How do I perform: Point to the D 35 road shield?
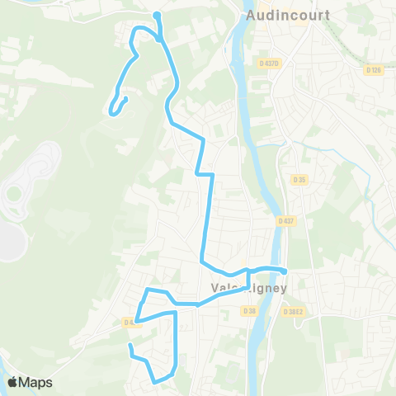(x=299, y=179)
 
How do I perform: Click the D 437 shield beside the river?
(x=286, y=221)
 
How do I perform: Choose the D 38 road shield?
(x=250, y=310)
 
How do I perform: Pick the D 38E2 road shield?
(x=293, y=312)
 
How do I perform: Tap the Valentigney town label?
(x=248, y=289)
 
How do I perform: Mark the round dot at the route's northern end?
(x=156, y=14)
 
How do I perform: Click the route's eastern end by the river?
(x=284, y=271)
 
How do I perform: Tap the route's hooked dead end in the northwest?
(x=125, y=100)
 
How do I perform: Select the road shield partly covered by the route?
(x=131, y=323)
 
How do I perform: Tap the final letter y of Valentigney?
(x=283, y=290)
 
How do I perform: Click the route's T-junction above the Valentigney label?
(x=248, y=270)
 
